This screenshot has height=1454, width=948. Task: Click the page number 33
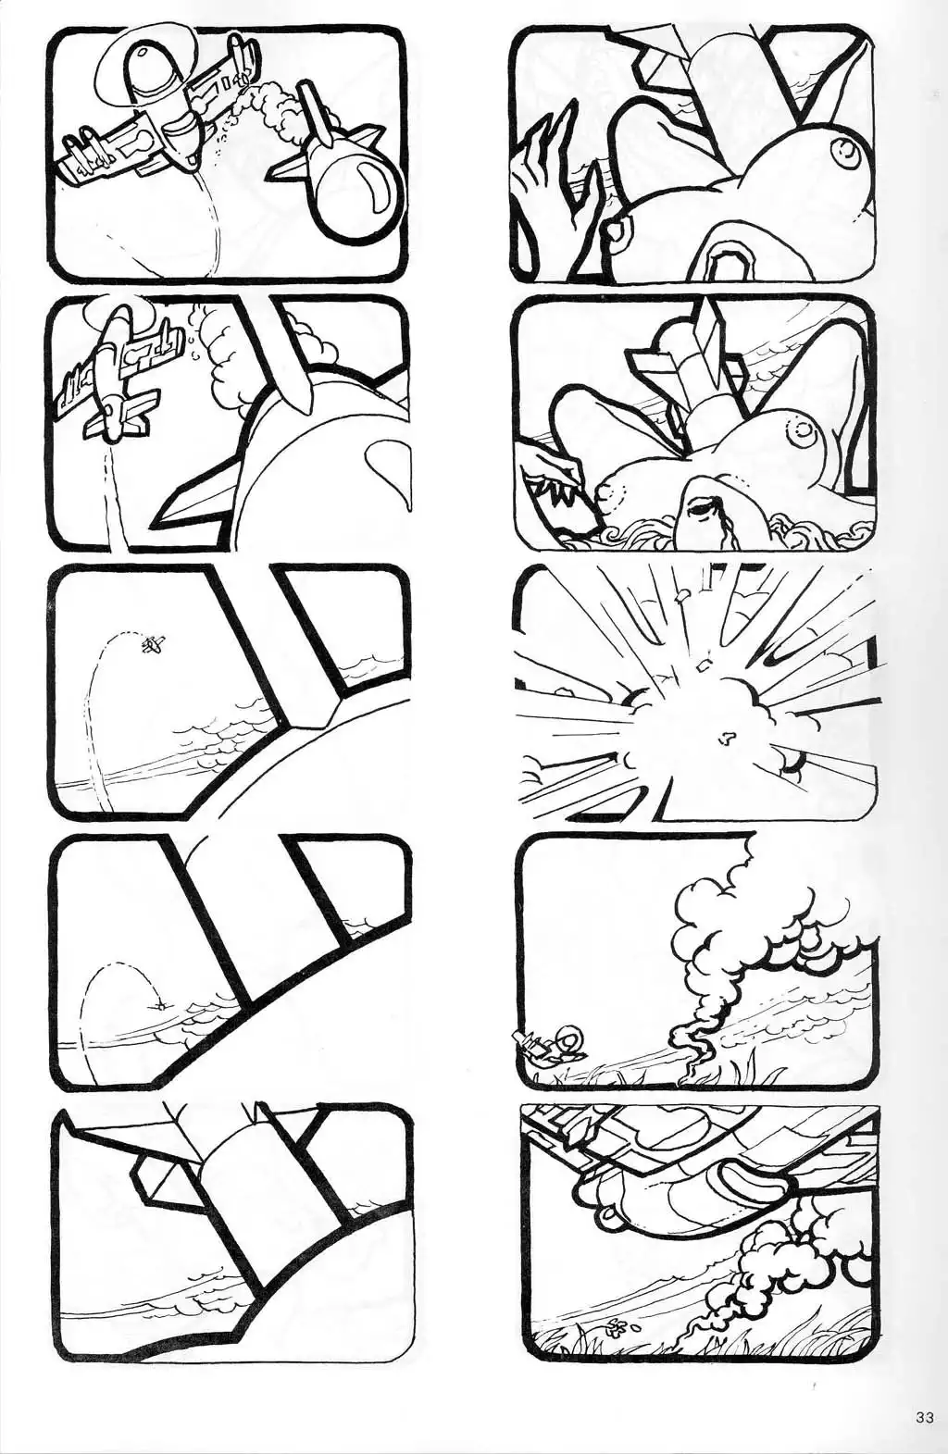(925, 1412)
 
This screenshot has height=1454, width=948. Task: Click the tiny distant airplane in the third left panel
(154, 644)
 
